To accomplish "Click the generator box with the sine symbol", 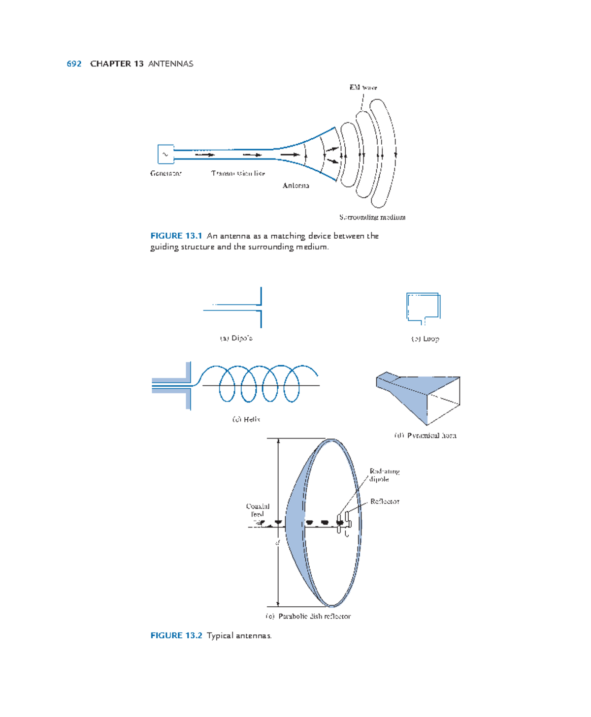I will coord(165,154).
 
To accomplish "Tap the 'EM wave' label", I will coord(363,88).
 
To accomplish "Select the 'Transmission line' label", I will coord(238,173).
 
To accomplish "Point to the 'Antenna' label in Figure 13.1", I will coord(295,186).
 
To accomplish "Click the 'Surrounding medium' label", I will coord(372,217).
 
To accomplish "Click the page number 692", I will coord(74,63).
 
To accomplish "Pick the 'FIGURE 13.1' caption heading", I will coord(176,236).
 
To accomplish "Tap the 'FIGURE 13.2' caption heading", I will coord(176,635).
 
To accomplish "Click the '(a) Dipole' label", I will coord(236,338).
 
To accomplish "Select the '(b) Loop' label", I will coord(425,339).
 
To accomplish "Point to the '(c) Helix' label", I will coord(246,419).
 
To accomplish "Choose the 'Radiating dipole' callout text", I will coord(384,475).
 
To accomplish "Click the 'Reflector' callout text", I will coord(385,501).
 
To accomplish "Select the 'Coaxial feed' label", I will coord(258,510).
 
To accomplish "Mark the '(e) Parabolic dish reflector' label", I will coord(308,616).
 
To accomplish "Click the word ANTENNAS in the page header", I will coord(170,63).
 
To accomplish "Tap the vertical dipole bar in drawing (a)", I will coord(261,308).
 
